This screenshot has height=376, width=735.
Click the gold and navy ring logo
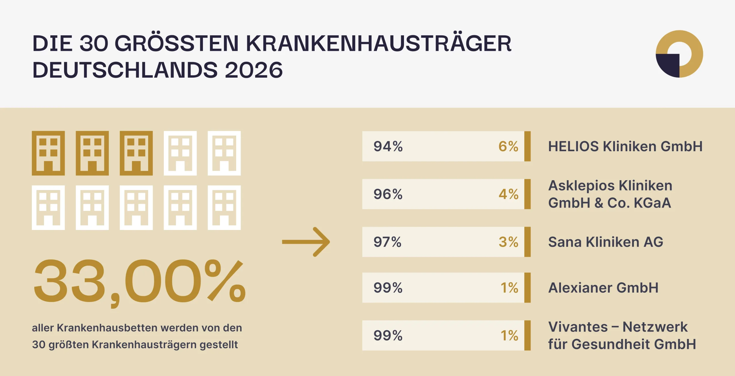click(x=679, y=54)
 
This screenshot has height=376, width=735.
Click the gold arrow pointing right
click(x=306, y=242)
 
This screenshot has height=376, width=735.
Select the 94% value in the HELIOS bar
click(x=388, y=146)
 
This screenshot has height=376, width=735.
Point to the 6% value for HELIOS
click(x=508, y=146)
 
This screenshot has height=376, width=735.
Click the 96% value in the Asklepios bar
click(x=388, y=194)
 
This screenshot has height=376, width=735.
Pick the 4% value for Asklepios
click(x=508, y=194)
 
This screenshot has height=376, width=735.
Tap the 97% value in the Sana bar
click(x=387, y=242)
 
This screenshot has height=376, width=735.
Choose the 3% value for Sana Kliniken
click(x=508, y=242)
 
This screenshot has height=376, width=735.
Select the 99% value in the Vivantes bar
click(x=388, y=335)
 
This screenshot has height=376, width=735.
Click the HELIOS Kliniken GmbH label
click(x=625, y=146)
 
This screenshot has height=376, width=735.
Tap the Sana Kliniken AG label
click(x=606, y=242)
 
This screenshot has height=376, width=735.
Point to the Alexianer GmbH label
click(x=603, y=287)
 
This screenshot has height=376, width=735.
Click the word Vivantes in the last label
click(x=578, y=327)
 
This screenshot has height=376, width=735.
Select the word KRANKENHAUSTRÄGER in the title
click(x=379, y=43)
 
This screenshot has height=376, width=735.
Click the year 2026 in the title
click(x=254, y=70)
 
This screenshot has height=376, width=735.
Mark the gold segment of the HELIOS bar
click(x=527, y=146)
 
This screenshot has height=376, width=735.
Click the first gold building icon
click(x=48, y=153)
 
